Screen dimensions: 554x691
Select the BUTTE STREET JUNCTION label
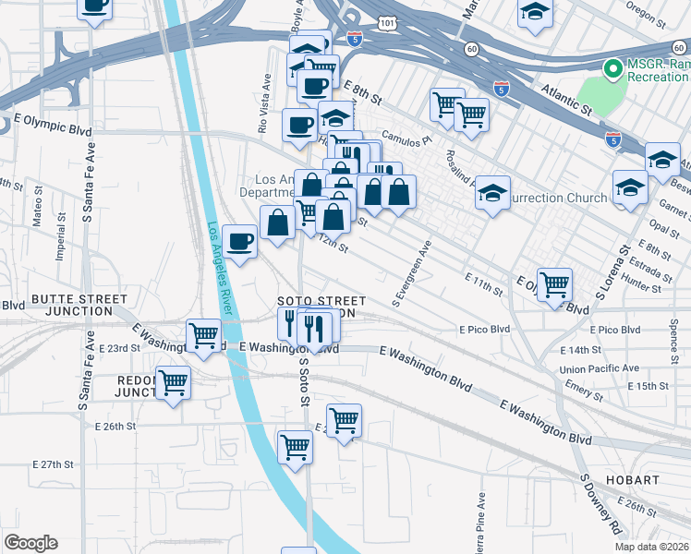[79, 305]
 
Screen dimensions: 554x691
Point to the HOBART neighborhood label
[633, 480]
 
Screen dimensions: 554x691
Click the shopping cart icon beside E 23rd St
[203, 334]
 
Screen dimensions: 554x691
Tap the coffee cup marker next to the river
[240, 242]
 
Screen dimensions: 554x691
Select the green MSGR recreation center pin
[611, 68]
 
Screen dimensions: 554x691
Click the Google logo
[30, 543]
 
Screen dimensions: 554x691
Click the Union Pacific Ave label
[600, 367]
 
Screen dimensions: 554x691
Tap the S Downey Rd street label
[602, 505]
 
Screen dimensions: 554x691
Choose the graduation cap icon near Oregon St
[533, 13]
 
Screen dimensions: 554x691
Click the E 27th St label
[52, 464]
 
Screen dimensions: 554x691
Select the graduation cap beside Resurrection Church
[493, 193]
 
